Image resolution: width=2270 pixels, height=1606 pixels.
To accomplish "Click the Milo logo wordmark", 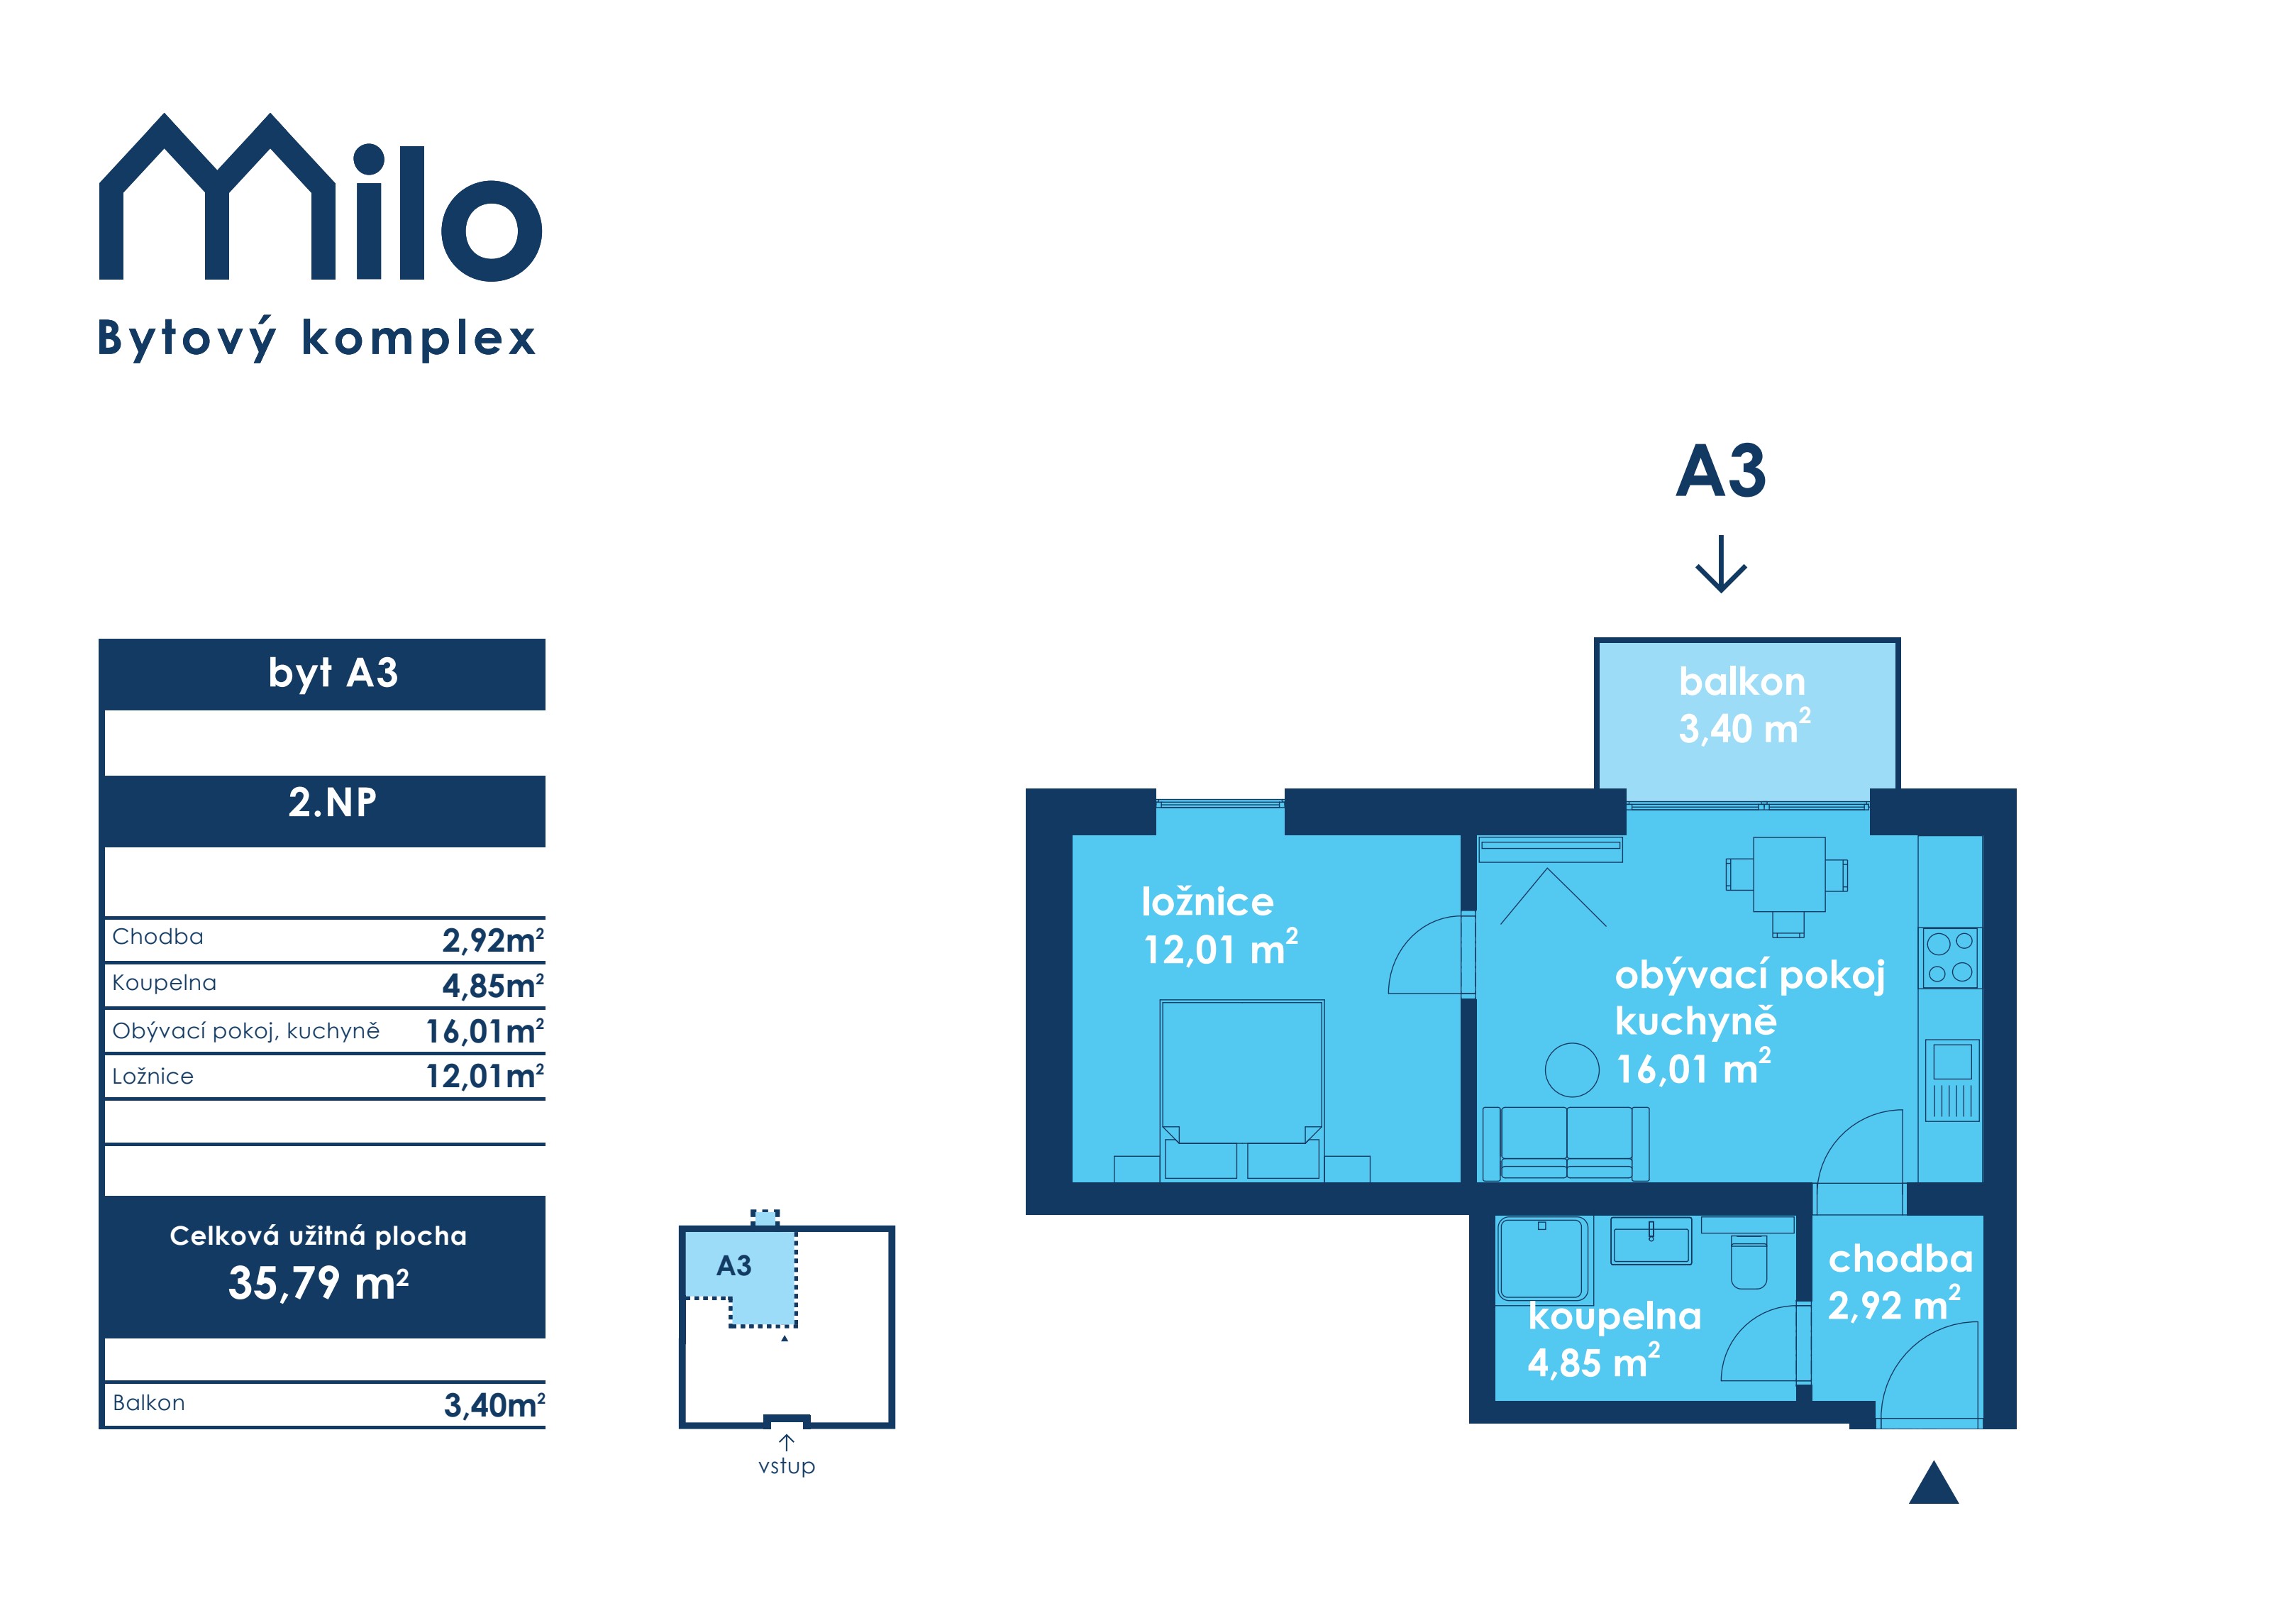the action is (321, 198).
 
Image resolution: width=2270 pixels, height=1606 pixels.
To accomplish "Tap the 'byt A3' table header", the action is (333, 673).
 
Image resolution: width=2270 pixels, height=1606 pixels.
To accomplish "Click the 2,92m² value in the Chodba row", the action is (492, 940).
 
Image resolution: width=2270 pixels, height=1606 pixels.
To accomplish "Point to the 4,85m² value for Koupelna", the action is (492, 985).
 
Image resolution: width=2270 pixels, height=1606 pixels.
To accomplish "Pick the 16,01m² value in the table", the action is (485, 1030).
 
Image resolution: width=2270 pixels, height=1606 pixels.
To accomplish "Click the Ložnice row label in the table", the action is (153, 1076).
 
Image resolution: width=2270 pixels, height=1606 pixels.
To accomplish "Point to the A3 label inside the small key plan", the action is (733, 1266).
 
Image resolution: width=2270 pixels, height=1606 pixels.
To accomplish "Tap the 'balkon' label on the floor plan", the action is (1742, 681).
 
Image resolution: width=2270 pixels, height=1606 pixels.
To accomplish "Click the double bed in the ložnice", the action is (1242, 1089).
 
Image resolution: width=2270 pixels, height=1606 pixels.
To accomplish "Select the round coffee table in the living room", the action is (1572, 1070).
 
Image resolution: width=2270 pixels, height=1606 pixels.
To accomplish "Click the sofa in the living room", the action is (1566, 1143).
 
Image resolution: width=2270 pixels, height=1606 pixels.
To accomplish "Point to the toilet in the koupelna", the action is (1749, 1262).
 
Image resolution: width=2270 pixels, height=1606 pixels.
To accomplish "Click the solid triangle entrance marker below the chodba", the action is (1934, 1483).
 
